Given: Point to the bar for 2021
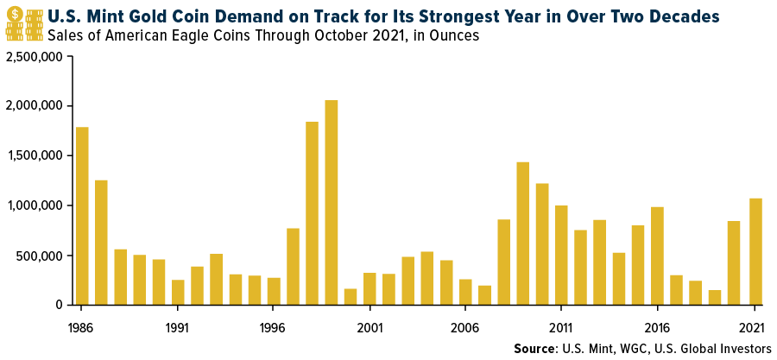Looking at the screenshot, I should [755, 251].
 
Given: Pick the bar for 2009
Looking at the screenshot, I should [522, 233].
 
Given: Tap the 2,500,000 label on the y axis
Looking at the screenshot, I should [35, 57].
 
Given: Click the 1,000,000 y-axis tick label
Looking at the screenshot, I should [35, 205].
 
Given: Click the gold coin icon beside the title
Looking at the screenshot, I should [14, 15].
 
